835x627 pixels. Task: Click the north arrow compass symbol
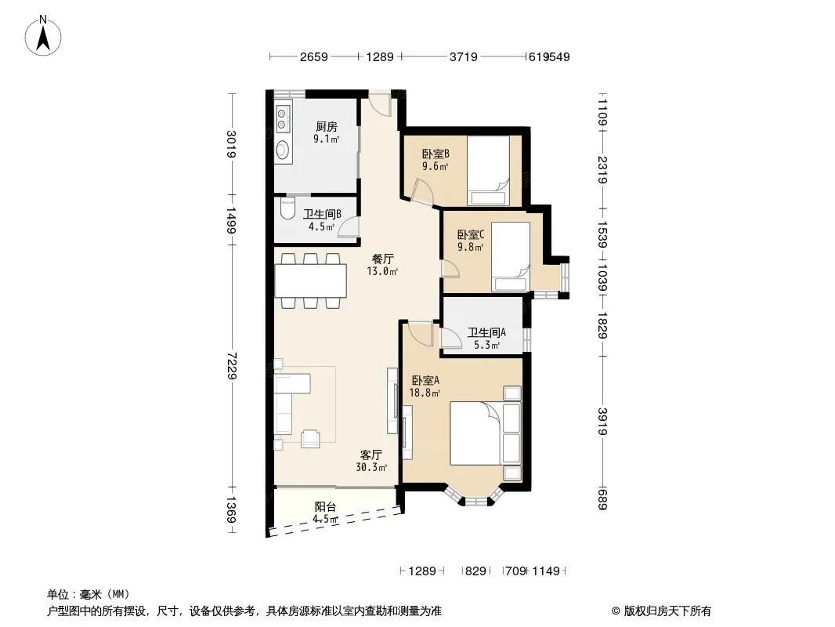[43, 36]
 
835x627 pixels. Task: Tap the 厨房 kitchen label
[326, 126]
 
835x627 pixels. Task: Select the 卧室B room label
[436, 154]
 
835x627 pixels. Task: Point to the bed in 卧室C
[510, 257]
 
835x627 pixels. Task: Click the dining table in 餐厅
[310, 281]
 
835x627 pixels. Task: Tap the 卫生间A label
[486, 332]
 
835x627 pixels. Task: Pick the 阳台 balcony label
[325, 506]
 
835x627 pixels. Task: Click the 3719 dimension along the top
[463, 56]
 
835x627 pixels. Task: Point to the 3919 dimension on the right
[602, 422]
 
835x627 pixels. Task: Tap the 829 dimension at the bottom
[475, 571]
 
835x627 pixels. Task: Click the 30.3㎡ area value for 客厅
[371, 467]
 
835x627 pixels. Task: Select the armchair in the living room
[310, 438]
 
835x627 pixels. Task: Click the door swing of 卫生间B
[349, 227]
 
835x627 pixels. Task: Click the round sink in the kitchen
[283, 150]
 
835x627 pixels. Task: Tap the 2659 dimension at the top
[313, 56]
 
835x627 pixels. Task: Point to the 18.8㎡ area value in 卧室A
[425, 393]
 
